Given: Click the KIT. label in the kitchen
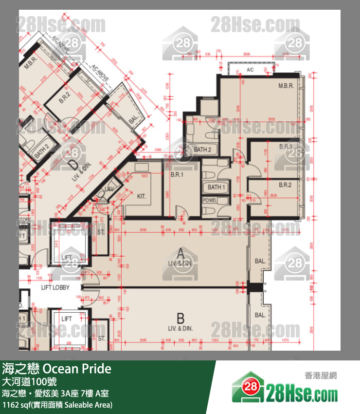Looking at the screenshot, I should coord(142,197).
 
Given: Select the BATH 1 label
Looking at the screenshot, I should coord(216,188).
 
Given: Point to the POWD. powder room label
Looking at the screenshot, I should coord(210,200).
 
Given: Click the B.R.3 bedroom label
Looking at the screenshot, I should coord(286,147).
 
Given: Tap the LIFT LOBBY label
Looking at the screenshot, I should coord(55,287).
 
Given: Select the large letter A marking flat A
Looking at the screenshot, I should coord(180,253).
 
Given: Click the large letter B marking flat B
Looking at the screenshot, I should coord(180,319).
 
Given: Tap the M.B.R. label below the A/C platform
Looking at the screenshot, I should coord(286,86).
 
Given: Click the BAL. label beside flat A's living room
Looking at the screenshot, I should coord(260,261).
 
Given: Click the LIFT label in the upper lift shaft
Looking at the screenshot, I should coord(67,257).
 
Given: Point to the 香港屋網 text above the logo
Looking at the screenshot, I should coord(321,376).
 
